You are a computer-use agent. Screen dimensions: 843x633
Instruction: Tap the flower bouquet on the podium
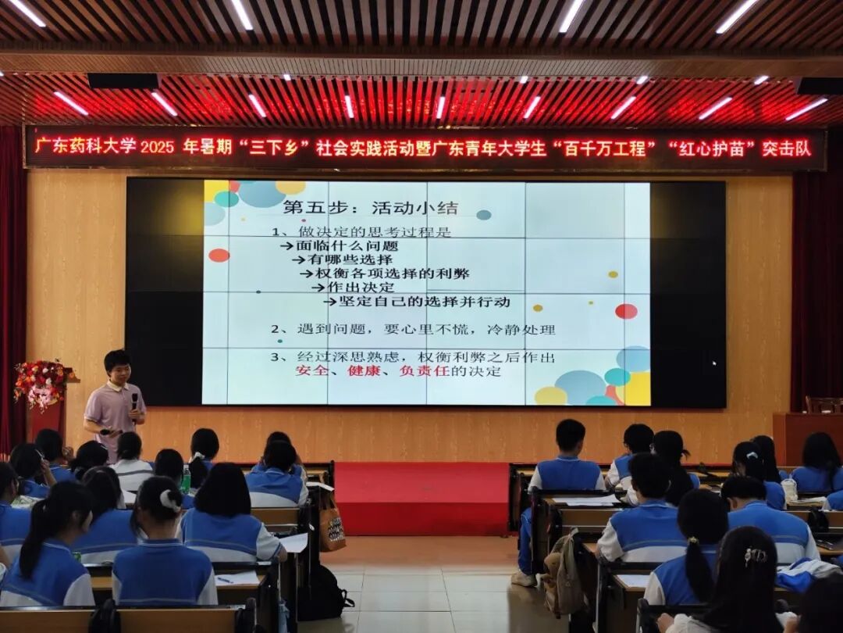click(x=42, y=381)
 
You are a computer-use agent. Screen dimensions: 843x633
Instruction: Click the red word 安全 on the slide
click(x=311, y=371)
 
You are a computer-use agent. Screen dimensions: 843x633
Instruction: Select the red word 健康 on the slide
click(x=364, y=371)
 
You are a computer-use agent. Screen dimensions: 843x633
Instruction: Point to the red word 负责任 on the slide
click(x=424, y=371)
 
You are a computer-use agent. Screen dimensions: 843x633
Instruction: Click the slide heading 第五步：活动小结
click(x=371, y=208)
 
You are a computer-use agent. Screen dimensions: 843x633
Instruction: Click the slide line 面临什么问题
click(x=347, y=246)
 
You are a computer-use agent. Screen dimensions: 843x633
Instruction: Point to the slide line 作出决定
click(x=360, y=288)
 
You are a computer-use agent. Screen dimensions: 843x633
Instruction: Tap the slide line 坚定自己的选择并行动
click(x=424, y=302)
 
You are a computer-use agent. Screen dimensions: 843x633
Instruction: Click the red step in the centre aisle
click(x=421, y=498)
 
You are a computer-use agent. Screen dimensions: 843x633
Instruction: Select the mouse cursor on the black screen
click(x=714, y=363)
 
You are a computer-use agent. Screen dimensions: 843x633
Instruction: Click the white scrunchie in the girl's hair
click(x=171, y=501)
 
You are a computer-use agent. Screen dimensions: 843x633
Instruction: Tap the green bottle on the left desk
click(x=186, y=478)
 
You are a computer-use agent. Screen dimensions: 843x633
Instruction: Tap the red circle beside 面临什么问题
click(x=219, y=255)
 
